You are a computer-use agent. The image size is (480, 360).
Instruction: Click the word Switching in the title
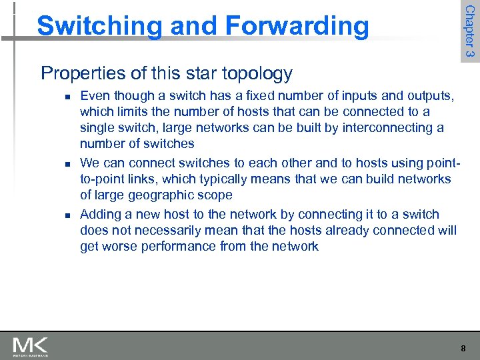(98, 27)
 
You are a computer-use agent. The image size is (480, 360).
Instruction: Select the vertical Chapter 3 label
(470, 31)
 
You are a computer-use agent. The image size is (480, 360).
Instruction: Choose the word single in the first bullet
(98, 127)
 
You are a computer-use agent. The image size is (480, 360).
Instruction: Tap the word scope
(215, 195)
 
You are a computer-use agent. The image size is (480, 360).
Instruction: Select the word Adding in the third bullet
(101, 214)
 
